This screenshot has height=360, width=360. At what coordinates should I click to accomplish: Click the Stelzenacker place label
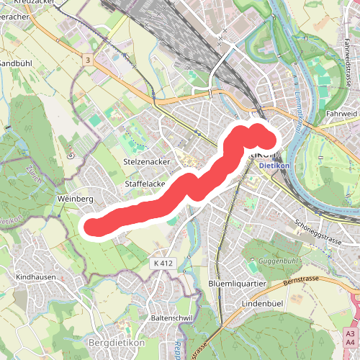point(147,162)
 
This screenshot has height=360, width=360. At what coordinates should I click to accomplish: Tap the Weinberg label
point(75,198)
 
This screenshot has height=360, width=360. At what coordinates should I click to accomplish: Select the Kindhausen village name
point(34,276)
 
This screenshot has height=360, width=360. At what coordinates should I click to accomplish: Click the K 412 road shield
point(163,264)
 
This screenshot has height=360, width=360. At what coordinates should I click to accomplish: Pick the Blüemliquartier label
point(237,284)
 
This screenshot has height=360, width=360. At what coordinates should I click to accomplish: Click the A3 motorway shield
point(349,335)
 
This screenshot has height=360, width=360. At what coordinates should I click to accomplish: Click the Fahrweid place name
point(341,113)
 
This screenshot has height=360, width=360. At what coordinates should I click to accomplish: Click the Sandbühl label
point(12,63)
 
